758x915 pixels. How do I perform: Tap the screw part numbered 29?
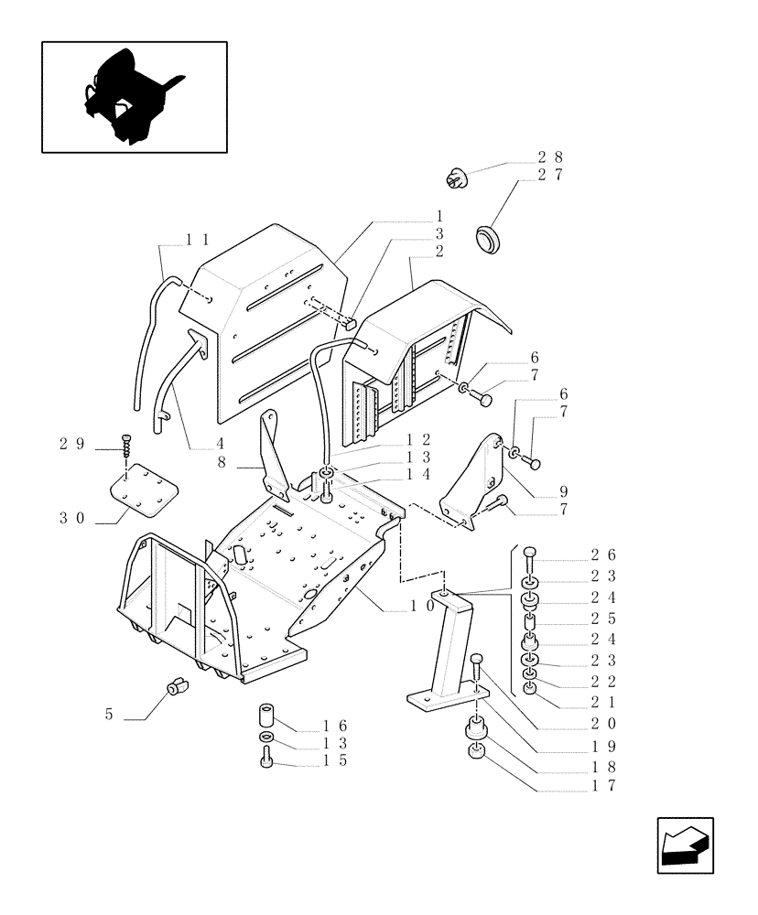[126, 444]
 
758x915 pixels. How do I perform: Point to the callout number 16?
[333, 726]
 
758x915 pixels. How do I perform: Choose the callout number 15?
[333, 759]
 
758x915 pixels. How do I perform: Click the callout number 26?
[601, 554]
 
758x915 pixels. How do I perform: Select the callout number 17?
[601, 786]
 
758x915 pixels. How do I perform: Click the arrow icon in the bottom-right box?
[685, 845]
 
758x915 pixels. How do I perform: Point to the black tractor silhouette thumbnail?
[132, 97]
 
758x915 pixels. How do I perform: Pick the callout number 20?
[601, 723]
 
